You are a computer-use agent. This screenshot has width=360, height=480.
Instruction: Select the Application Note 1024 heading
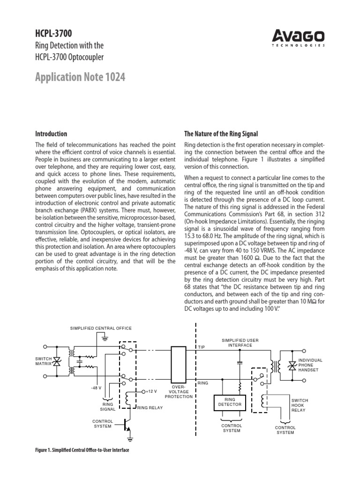point(80,77)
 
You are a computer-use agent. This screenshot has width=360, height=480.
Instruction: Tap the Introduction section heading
point(51,134)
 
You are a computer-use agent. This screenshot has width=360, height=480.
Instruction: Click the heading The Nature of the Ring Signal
point(221,134)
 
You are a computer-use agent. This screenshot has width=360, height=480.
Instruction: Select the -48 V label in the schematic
point(97,388)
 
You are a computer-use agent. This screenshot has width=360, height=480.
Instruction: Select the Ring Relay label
point(150,408)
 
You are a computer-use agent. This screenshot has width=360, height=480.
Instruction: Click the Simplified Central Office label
point(101,328)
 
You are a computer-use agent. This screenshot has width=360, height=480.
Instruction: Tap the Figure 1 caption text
point(82,450)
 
